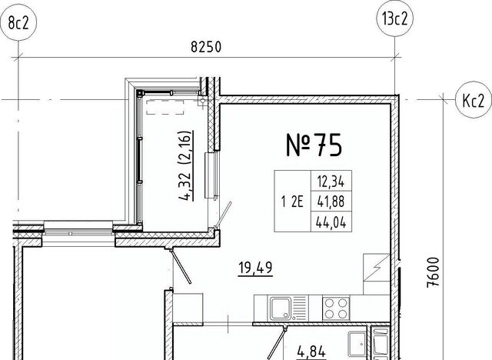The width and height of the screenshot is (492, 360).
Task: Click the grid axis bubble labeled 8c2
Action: [18, 22]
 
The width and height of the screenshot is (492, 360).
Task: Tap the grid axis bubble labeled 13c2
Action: [394, 18]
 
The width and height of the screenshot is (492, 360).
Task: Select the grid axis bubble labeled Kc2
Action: [474, 100]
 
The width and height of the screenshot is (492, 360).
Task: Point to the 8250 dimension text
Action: [206, 47]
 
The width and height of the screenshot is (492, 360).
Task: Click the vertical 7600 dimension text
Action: [433, 272]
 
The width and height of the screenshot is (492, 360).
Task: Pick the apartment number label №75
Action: [314, 145]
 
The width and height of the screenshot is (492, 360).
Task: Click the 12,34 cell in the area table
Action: [331, 182]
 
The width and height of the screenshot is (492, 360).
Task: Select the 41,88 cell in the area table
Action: [331, 202]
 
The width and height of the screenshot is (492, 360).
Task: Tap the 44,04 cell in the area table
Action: [331, 222]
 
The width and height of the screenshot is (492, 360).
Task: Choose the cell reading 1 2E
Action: [292, 202]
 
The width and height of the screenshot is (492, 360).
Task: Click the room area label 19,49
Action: [255, 268]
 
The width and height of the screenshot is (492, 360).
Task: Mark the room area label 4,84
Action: [311, 352]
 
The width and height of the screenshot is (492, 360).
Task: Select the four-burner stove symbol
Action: [336, 308]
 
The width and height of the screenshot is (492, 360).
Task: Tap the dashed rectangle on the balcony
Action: [165, 107]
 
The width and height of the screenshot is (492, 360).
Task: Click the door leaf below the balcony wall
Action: [180, 267]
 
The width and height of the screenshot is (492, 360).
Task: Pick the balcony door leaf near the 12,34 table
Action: [223, 215]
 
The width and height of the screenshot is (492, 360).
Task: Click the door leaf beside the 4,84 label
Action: [277, 343]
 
